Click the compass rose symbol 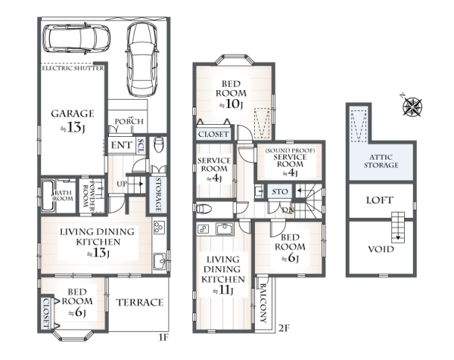(x=412, y=107)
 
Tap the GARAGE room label (x=73, y=113)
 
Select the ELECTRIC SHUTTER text (x=73, y=68)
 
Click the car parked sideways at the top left (x=76, y=39)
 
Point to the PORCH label (x=129, y=121)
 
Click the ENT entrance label (x=122, y=145)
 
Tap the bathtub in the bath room (x=48, y=196)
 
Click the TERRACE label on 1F (x=140, y=303)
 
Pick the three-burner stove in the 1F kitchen (x=159, y=228)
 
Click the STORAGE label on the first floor (x=158, y=194)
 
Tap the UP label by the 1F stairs (x=122, y=184)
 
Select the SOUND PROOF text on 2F (x=290, y=151)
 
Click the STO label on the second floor (x=280, y=191)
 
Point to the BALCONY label (x=263, y=303)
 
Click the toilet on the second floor (x=204, y=209)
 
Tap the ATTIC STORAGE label (x=381, y=161)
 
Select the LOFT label (x=380, y=200)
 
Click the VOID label (x=381, y=249)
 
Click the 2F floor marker (x=284, y=328)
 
